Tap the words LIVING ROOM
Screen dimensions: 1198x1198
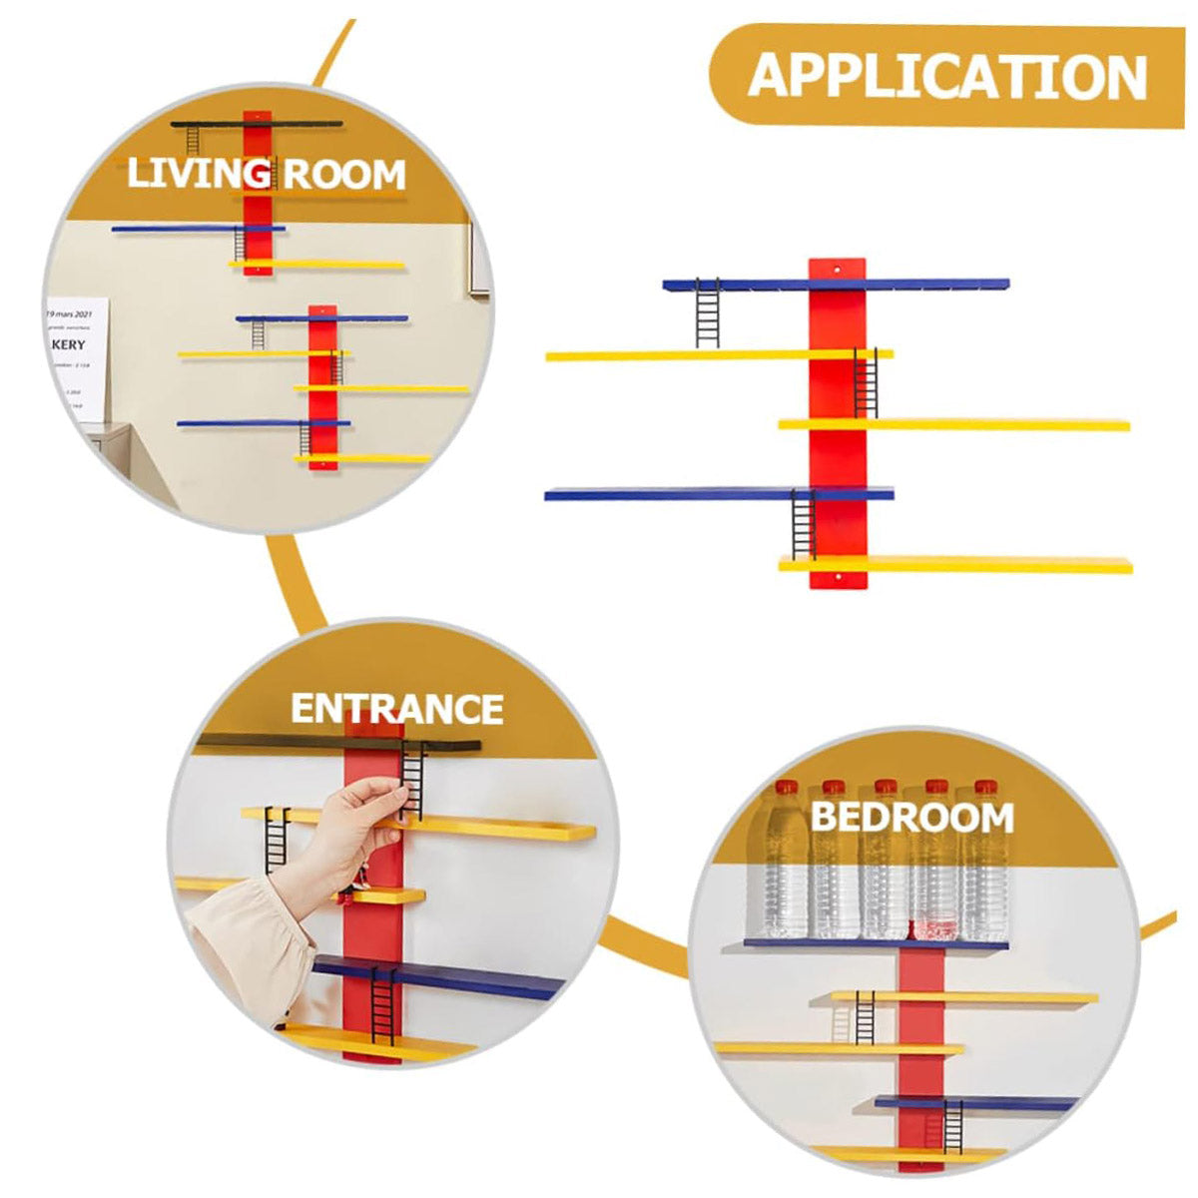[266, 174]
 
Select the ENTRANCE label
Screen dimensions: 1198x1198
[396, 709]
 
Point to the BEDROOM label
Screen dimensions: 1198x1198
[911, 817]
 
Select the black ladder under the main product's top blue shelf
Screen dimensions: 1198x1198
[707, 313]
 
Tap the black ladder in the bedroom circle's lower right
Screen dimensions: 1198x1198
[952, 1126]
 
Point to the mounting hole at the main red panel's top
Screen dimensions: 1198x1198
[838, 269]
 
